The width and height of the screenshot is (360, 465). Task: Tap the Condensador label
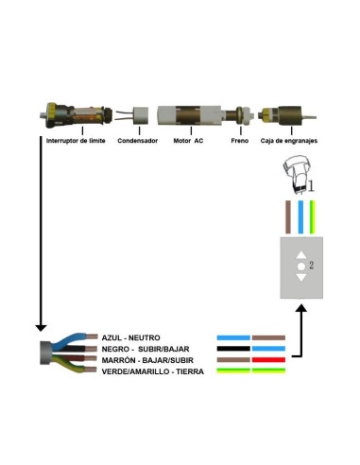[x=137, y=141]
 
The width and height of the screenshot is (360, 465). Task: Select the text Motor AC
[x=188, y=141]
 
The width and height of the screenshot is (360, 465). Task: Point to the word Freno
[x=241, y=141]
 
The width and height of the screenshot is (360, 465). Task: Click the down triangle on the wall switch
[x=301, y=277]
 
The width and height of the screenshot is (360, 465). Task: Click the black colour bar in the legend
[x=232, y=349]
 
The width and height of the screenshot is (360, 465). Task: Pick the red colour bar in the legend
[x=268, y=360]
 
